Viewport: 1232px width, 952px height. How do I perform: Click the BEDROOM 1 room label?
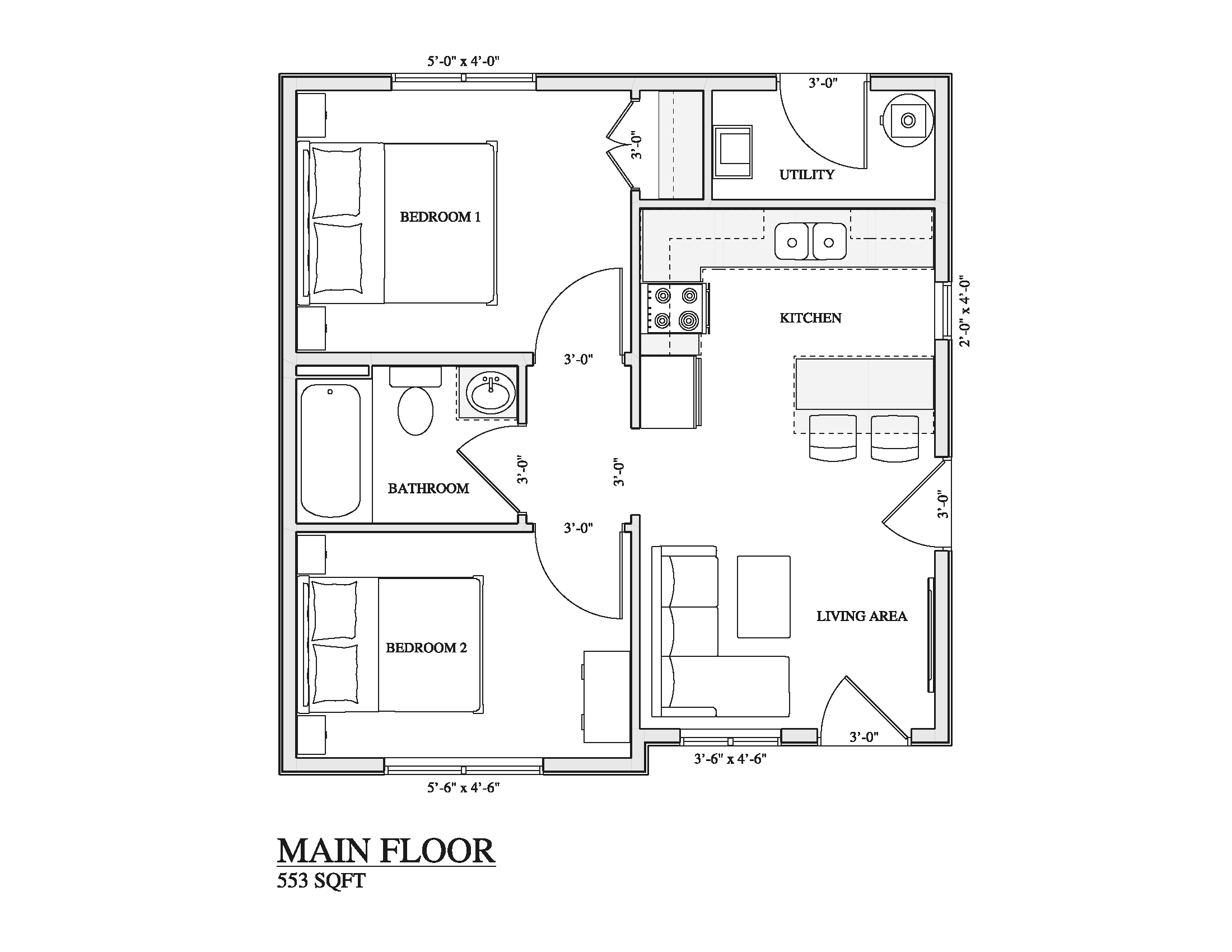click(x=440, y=217)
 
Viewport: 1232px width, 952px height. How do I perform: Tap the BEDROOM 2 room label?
click(x=427, y=648)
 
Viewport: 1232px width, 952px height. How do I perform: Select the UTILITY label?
click(x=806, y=175)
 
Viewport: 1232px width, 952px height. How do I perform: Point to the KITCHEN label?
click(x=810, y=318)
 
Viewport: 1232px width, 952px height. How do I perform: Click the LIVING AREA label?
click(x=861, y=617)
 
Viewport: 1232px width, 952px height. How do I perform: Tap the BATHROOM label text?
click(x=428, y=488)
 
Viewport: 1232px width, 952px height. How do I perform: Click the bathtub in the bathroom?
click(x=330, y=451)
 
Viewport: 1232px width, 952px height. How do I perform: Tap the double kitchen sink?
click(x=810, y=242)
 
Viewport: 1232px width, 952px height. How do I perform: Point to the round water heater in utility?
click(x=908, y=121)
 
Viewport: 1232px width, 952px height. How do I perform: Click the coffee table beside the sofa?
click(x=763, y=597)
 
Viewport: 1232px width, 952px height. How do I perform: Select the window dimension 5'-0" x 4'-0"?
click(x=463, y=61)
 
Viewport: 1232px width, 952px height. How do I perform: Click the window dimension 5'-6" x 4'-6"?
click(x=463, y=787)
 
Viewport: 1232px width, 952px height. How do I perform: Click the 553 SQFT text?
click(x=320, y=880)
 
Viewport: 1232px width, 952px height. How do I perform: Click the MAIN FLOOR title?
click(x=386, y=851)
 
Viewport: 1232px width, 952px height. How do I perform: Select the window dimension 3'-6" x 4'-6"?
click(x=730, y=759)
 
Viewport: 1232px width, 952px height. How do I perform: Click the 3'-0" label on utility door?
click(x=823, y=83)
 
